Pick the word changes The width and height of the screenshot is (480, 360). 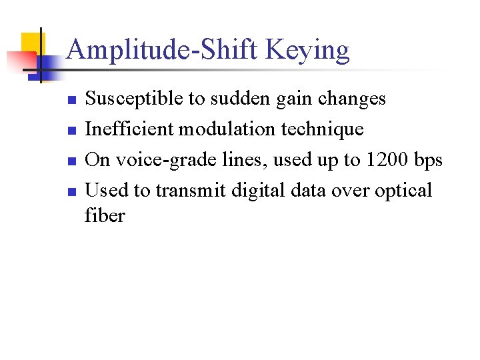[x=352, y=99]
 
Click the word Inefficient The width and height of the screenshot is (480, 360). [x=127, y=129]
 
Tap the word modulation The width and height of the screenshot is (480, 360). [x=221, y=129]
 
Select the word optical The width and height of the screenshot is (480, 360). [x=403, y=191]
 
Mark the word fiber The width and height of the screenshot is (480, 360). [x=105, y=216]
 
